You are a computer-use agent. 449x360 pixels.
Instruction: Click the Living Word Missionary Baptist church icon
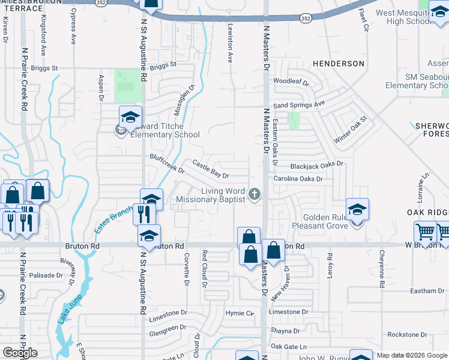coord(255,194)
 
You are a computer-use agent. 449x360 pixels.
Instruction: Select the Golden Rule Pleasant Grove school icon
coord(357,210)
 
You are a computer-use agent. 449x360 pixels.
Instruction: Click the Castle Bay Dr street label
coord(211,169)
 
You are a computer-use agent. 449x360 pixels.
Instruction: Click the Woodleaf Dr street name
coord(291,82)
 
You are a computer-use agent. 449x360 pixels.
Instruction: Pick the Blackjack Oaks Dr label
coord(316,164)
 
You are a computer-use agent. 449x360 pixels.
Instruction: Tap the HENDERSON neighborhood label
coord(338,63)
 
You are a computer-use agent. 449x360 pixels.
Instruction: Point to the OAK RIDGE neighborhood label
coord(427,212)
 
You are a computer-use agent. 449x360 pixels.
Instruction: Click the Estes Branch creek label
coord(113,220)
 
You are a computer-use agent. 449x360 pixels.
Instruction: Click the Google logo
coord(20,353)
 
